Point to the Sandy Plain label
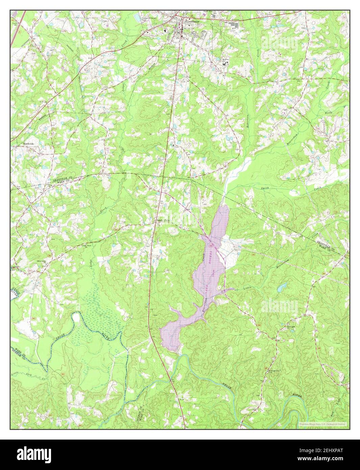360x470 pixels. click(x=161, y=220)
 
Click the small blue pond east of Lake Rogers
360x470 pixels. click(x=281, y=287)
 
